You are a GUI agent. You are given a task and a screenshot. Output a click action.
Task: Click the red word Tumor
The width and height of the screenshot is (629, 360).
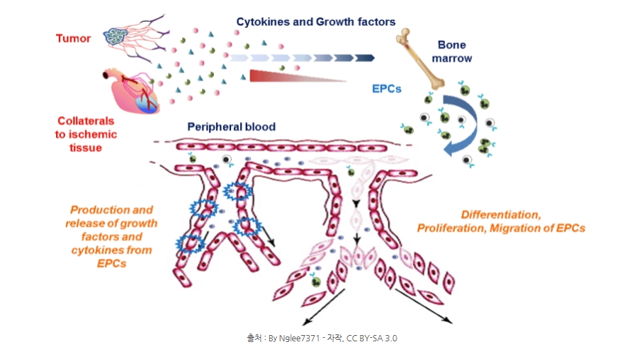[73, 39]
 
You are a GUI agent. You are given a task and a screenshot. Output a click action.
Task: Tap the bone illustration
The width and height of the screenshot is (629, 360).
[420, 59]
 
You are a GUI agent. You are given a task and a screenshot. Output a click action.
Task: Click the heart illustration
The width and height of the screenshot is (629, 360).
[131, 91]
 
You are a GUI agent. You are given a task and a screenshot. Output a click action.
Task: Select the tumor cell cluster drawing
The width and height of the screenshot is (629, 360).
[116, 37]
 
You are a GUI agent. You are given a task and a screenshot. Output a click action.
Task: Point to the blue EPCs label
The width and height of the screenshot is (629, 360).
[387, 89]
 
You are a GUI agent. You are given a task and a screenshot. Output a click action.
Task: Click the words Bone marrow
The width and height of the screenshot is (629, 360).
[452, 51]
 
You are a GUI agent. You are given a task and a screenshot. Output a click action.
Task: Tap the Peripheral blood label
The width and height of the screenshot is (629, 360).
[231, 127]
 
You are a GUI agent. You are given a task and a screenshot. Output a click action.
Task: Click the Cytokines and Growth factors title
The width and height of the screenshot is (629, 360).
[316, 21]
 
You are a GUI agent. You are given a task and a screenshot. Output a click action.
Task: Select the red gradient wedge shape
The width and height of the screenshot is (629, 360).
[298, 76]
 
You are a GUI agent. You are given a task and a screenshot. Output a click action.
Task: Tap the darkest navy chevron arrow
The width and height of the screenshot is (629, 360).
[365, 58]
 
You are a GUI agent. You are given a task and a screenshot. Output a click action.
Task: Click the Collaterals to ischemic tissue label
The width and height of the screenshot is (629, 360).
[86, 134]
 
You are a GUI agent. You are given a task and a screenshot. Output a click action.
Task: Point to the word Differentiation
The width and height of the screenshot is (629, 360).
[500, 215]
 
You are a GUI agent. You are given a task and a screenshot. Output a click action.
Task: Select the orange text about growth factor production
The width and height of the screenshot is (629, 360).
[111, 237]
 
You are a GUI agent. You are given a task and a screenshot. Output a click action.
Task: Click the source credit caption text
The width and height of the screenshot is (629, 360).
[322, 339]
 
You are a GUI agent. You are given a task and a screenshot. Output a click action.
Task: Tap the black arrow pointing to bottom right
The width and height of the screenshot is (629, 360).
[423, 306]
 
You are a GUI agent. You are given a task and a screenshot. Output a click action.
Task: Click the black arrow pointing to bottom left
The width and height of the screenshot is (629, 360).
[323, 307]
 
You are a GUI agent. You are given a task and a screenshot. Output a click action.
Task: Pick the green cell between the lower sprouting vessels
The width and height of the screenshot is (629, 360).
[316, 282]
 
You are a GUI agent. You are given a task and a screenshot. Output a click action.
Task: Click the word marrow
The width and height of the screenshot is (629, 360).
[452, 59]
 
